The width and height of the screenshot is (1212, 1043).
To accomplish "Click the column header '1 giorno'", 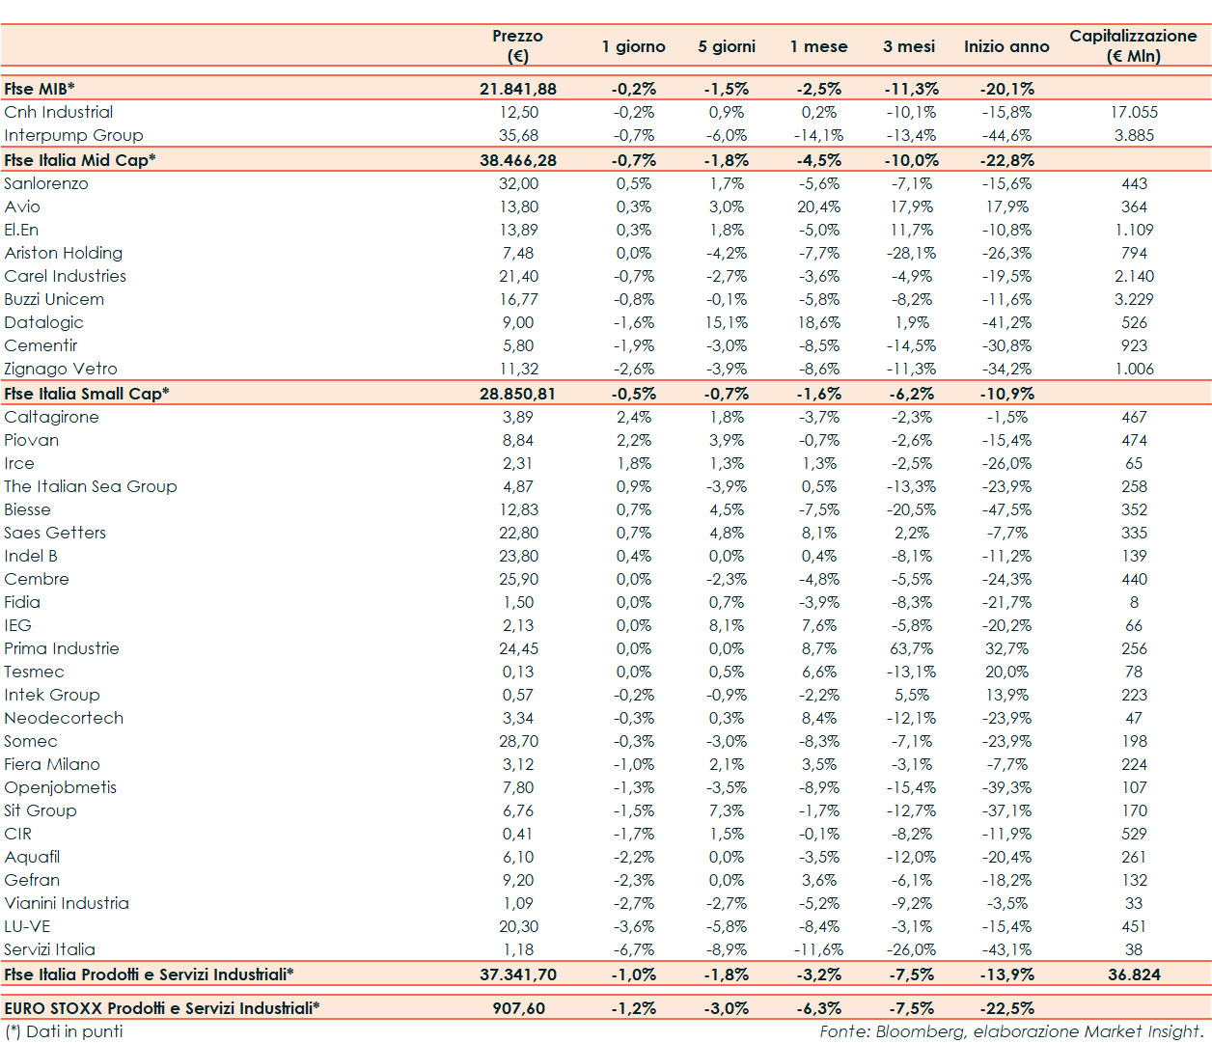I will (x=633, y=46).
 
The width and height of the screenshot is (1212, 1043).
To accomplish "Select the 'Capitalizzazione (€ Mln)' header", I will (x=1133, y=45).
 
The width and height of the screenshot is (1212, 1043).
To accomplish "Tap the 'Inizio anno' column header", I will (x=1006, y=46).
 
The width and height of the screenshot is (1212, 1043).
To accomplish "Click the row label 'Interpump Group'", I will (x=73, y=135).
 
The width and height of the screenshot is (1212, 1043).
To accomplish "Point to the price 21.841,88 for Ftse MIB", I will (x=518, y=89).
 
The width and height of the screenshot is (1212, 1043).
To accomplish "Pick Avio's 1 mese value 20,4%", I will (x=818, y=206).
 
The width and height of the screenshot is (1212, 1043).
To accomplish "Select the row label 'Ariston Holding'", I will (x=64, y=253).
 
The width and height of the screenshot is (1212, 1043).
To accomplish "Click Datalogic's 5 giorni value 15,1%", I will (x=726, y=322).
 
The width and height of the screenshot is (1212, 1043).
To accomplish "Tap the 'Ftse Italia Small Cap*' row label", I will (x=87, y=394).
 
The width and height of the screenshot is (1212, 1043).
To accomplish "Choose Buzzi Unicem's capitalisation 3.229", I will (x=1134, y=299).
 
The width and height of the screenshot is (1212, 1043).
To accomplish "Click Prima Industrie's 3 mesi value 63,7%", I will (x=911, y=648).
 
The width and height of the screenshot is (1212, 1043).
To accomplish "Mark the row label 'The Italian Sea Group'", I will (x=91, y=486).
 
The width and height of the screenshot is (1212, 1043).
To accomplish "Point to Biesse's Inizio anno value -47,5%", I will (x=1006, y=509).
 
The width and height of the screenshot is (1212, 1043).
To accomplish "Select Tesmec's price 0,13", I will (x=518, y=672).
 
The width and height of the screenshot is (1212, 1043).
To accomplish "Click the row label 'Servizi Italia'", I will (x=49, y=949).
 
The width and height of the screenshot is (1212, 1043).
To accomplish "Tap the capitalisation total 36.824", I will (x=1134, y=974).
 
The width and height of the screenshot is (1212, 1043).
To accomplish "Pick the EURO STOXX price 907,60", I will (x=518, y=1008).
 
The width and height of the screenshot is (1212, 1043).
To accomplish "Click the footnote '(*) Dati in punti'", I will (x=64, y=1031).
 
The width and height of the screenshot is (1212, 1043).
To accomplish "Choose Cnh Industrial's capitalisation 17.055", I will (x=1134, y=112).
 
